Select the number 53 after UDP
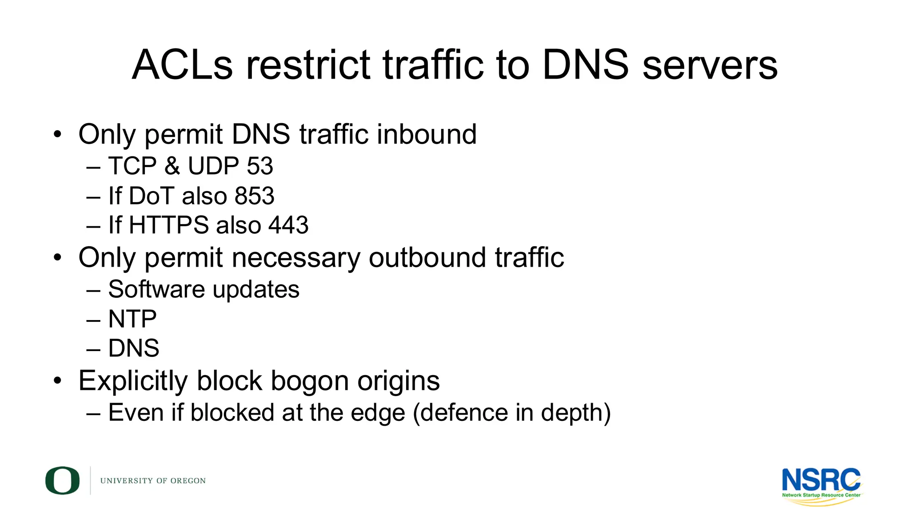259,166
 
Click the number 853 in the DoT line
254,196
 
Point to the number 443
288,225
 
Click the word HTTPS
168,225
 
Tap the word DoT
151,196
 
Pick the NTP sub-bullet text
132,319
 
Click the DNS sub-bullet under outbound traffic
133,348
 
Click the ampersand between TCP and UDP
172,166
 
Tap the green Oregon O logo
62,480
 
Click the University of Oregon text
153,481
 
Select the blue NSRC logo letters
821,480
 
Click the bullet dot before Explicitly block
57,381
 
